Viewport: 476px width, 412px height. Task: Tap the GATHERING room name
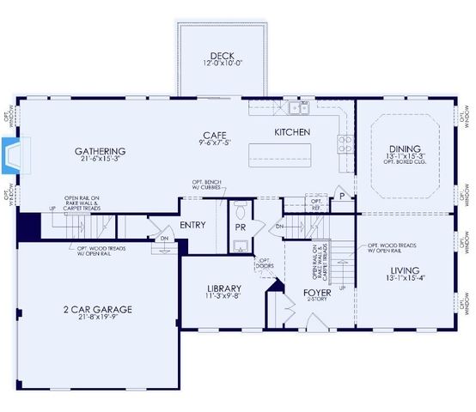point(101,151)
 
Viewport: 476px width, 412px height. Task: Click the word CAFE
point(214,135)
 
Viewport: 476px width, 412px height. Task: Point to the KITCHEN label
point(291,132)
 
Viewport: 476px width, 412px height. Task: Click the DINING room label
point(406,148)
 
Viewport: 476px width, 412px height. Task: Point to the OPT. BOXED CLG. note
point(406,163)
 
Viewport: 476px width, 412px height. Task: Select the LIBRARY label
point(224,288)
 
